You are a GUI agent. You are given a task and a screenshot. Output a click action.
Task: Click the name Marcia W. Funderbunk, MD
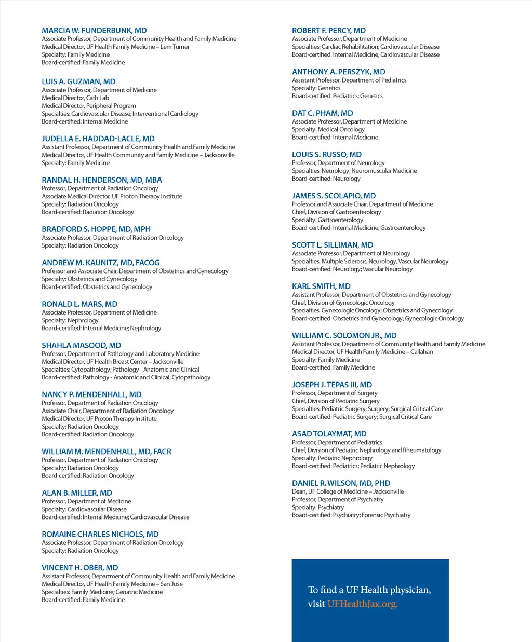pos(94,31)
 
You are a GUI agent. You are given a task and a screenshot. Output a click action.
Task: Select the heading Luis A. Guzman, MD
pos(78,81)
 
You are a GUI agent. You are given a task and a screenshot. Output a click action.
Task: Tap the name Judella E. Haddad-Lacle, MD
pos(98,139)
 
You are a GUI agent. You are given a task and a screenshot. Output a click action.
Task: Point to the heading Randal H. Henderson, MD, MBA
pos(102,180)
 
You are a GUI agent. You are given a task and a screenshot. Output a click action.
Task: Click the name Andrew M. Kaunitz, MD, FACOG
pos(101,263)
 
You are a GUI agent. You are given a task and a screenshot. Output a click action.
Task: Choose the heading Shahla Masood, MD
pos(82,345)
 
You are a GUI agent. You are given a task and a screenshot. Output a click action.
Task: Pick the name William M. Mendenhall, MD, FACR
pos(107,452)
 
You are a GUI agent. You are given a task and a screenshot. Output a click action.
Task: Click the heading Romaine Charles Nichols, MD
pos(100,534)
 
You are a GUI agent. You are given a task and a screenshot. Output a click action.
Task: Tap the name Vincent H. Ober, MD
pos(80,568)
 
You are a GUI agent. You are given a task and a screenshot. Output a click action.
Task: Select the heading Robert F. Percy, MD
pos(329,31)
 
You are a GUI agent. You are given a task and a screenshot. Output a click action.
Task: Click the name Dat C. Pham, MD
pos(323,113)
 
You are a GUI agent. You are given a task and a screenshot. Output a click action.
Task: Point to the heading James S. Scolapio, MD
pos(334,196)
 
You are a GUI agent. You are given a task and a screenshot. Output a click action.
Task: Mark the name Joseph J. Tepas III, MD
pos(332,385)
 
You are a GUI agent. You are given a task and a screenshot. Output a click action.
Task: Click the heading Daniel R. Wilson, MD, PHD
pos(341,483)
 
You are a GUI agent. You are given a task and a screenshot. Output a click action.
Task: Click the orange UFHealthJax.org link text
pos(362,604)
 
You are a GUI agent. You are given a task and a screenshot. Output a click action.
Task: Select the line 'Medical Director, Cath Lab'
pos(75,98)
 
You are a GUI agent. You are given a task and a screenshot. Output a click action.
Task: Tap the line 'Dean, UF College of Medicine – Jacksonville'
pos(348,491)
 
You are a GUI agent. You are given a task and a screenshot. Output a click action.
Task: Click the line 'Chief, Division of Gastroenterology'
pos(336,212)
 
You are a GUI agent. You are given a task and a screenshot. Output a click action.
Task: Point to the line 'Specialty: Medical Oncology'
pos(328,129)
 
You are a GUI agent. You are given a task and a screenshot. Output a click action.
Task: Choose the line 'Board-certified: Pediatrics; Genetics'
pos(337,96)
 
